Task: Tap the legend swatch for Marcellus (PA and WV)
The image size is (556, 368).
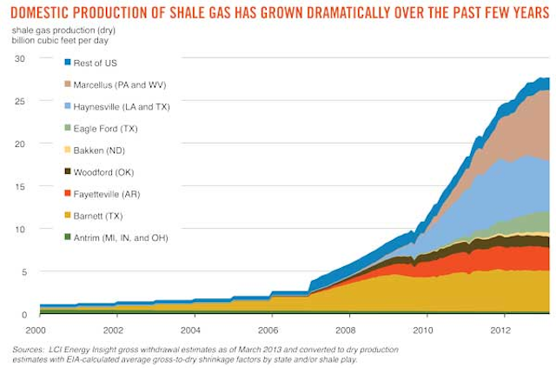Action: [x=68, y=84]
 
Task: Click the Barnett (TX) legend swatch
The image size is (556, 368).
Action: [x=68, y=216]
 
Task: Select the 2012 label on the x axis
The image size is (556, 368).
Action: [x=500, y=330]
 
